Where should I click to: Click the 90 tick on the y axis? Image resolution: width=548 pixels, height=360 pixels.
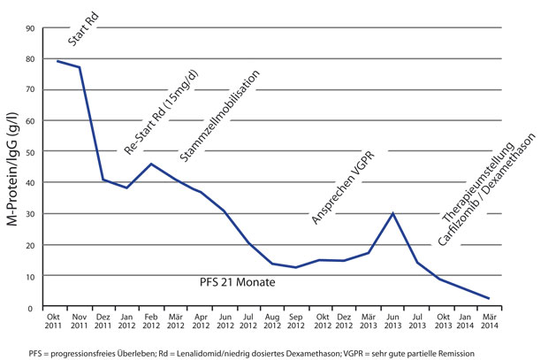coord(29,28)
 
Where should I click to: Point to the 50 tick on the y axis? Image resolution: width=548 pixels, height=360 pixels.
coord(29,152)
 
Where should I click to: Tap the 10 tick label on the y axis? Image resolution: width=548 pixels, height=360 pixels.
coord(29,276)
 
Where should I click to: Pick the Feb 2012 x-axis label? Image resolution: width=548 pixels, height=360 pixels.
coord(151,323)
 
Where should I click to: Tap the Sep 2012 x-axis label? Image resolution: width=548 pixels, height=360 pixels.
coord(296,323)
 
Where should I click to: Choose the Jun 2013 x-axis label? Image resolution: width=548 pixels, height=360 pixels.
coord(392,323)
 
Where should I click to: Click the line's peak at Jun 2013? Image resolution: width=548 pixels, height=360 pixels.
coord(392,213)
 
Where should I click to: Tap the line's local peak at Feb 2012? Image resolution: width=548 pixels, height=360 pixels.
coord(151,164)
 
